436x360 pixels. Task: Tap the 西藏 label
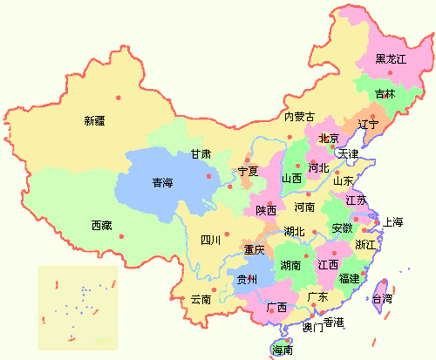coord(101,225)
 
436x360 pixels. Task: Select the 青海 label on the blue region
coord(162,183)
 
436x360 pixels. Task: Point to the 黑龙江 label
coord(391,59)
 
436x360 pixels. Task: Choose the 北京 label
coord(329,138)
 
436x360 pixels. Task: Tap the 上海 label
coord(393,221)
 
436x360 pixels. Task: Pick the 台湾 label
coord(382,298)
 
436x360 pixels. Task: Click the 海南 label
coord(283,350)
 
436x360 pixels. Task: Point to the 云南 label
coord(201,299)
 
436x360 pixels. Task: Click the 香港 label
coord(334,323)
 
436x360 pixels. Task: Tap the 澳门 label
coord(312,329)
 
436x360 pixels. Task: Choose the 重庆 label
coord(254,250)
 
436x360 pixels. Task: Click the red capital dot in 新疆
coord(118,85)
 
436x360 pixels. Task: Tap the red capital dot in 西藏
coord(122,236)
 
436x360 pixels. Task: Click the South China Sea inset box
coord(78,305)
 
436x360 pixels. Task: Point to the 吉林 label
coord(385,93)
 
